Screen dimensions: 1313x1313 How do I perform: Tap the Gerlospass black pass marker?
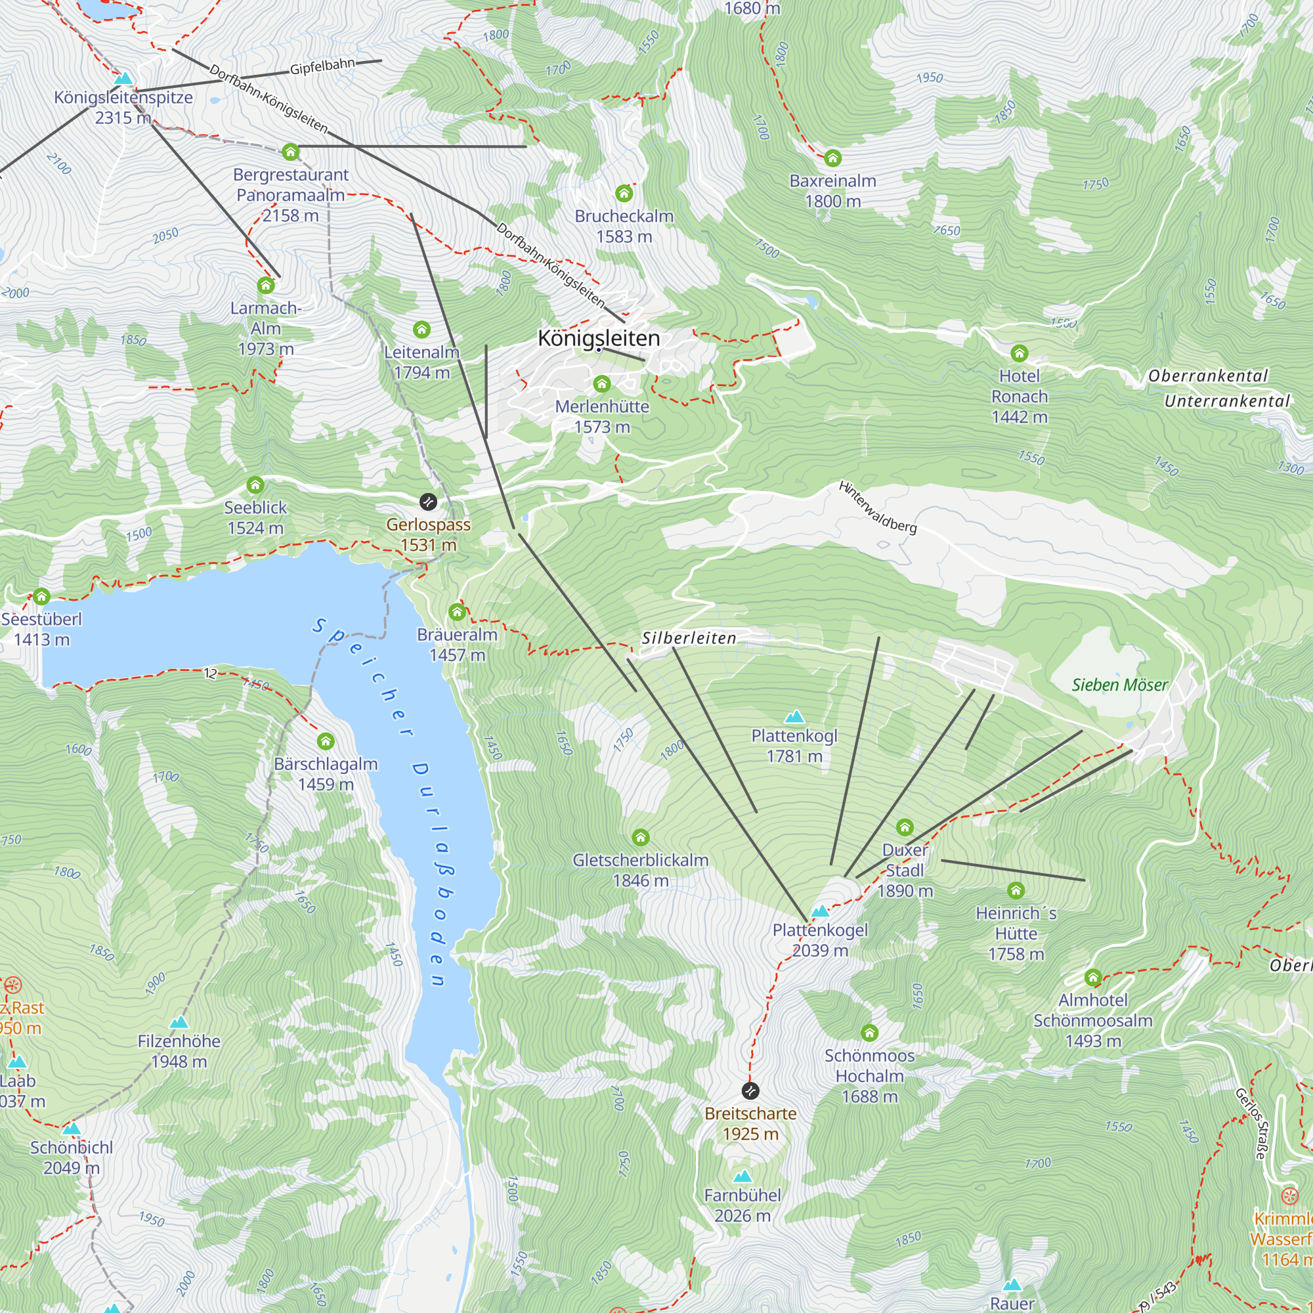pyautogui.click(x=428, y=502)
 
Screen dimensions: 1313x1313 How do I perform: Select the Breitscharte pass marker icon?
pyautogui.click(x=750, y=1090)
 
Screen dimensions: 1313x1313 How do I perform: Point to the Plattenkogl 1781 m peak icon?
pyautogui.click(x=794, y=717)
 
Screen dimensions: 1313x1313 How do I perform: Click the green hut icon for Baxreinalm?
pyautogui.click(x=832, y=158)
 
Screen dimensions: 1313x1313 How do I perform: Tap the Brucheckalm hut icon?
pyautogui.click(x=624, y=194)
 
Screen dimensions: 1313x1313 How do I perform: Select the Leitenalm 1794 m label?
pyautogui.click(x=421, y=362)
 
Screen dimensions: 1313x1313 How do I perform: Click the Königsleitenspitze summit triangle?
pyautogui.click(x=123, y=79)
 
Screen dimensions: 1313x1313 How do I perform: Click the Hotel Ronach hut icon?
pyautogui.click(x=1019, y=353)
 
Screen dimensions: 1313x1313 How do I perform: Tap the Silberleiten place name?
pyautogui.click(x=689, y=638)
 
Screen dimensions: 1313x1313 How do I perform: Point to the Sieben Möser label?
pyautogui.click(x=1119, y=685)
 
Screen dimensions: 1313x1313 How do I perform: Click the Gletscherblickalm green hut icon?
pyautogui.click(x=640, y=836)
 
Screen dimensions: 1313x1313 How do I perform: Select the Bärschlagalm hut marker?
pyautogui.click(x=326, y=741)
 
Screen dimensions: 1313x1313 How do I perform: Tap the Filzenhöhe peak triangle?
pyautogui.click(x=179, y=1022)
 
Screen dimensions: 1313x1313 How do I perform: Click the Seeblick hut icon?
pyautogui.click(x=255, y=485)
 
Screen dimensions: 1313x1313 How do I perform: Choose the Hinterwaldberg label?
pyautogui.click(x=877, y=507)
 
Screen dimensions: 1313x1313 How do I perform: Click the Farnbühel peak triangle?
pyautogui.click(x=742, y=1176)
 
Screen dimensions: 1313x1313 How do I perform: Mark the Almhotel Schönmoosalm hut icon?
pyautogui.click(x=1092, y=978)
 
